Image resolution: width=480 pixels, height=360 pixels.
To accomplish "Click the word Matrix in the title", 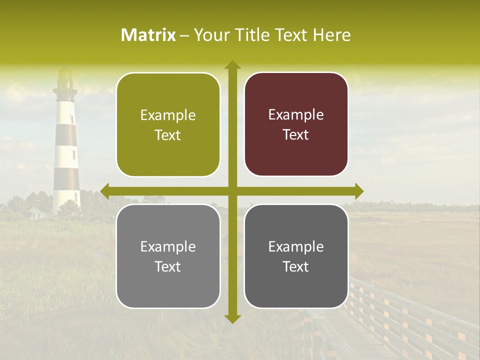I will click(148, 35).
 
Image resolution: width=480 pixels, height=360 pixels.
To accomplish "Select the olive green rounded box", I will click(168, 125).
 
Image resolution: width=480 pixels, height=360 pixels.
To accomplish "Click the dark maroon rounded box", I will click(296, 124).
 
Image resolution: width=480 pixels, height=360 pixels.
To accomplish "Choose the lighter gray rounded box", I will click(168, 256).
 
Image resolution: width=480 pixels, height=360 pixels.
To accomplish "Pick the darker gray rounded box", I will click(296, 256).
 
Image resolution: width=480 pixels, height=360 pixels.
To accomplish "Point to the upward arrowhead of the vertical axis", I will click(232, 65).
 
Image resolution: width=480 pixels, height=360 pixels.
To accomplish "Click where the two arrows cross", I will click(232, 191).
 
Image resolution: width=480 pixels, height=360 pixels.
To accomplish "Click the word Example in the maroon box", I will click(296, 115).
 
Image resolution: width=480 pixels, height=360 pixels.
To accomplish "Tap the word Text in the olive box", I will click(168, 135).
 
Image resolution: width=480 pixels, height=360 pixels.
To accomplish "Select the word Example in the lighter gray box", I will click(168, 246).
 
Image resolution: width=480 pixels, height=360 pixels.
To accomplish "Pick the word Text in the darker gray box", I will click(296, 267).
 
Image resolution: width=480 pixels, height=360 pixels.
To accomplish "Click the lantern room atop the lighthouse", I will click(65, 77).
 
